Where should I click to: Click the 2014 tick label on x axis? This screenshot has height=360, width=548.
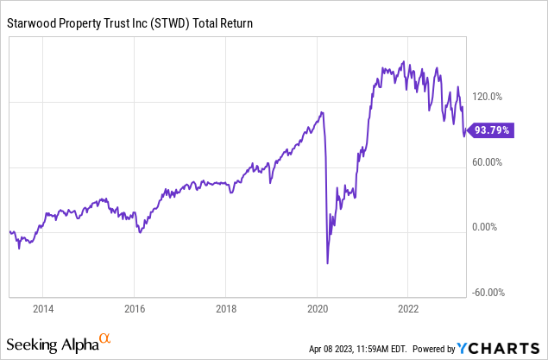pyautogui.click(x=43, y=308)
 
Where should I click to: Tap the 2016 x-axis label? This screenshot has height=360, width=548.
pyautogui.click(x=135, y=308)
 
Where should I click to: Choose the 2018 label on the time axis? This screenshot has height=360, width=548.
pyautogui.click(x=226, y=308)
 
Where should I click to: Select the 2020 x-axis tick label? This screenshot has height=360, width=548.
pyautogui.click(x=318, y=308)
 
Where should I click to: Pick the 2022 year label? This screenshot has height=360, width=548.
pyautogui.click(x=408, y=308)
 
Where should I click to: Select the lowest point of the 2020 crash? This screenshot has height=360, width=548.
pyautogui.click(x=328, y=263)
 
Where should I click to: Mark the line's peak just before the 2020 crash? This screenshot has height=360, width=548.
pyautogui.click(x=322, y=112)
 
